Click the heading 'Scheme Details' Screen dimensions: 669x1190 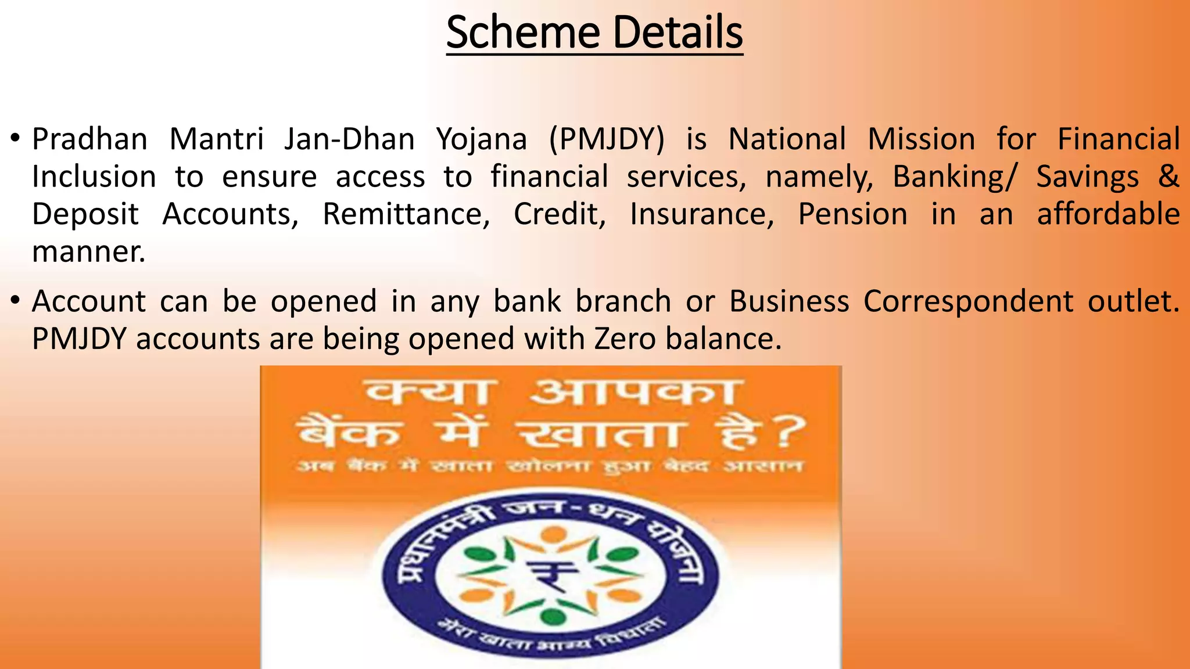(x=594, y=33)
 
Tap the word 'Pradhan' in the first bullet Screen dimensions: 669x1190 (x=89, y=139)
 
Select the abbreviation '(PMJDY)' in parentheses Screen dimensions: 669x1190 (x=606, y=139)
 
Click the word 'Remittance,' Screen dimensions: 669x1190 (x=406, y=214)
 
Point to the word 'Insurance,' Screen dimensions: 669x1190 (x=702, y=214)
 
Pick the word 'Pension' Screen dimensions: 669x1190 (x=852, y=214)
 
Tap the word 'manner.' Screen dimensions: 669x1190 (x=88, y=252)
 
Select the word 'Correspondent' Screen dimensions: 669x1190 (x=968, y=301)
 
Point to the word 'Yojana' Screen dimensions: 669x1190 (x=482, y=139)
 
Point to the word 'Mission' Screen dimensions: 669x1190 (x=921, y=139)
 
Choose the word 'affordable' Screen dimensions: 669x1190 (x=1108, y=214)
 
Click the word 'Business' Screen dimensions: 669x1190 (x=788, y=301)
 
